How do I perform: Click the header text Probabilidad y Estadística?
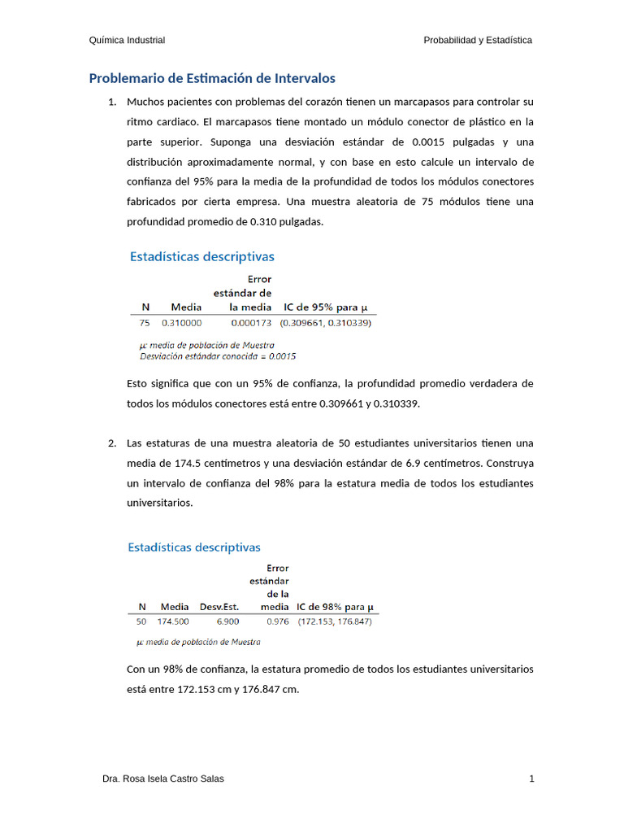[x=478, y=40]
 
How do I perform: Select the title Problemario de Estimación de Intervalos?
[x=211, y=79]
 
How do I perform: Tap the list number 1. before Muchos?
[x=112, y=102]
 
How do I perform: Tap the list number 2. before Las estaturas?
[x=112, y=443]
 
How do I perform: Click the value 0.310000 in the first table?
[x=181, y=323]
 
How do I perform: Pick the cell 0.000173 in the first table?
[x=251, y=323]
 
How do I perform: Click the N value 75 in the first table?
[x=145, y=323]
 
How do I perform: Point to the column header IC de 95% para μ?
[x=325, y=307]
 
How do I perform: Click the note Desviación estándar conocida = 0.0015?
[x=219, y=356]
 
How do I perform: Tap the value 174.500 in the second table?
[x=173, y=621]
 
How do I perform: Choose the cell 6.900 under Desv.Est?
[x=227, y=621]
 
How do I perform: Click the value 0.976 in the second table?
[x=278, y=621]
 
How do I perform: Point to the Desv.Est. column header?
[x=219, y=607]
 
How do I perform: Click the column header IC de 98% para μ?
[x=335, y=607]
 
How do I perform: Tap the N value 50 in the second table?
[x=141, y=621]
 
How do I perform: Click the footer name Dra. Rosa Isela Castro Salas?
[x=163, y=778]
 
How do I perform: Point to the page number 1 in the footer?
[x=531, y=778]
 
